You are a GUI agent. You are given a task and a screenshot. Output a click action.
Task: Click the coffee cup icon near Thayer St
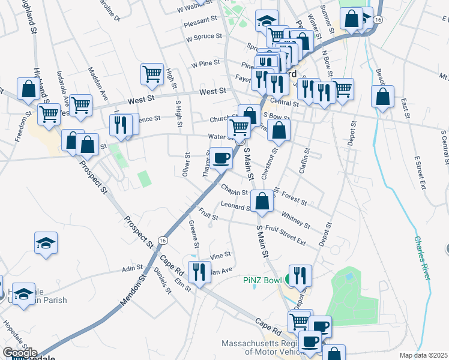(x=221, y=158)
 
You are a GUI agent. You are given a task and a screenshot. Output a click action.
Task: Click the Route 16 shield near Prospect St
(x=163, y=239)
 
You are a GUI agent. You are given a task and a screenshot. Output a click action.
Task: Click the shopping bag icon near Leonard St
(x=262, y=202)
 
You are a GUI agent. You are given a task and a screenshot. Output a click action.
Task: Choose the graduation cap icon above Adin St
(x=46, y=243)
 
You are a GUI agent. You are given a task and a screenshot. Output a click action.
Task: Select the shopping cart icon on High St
(x=152, y=74)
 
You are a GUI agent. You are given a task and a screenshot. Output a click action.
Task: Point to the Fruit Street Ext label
(x=285, y=235)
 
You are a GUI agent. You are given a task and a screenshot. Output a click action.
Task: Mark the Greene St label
(x=194, y=234)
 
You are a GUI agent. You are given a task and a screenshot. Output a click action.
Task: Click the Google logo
(x=20, y=352)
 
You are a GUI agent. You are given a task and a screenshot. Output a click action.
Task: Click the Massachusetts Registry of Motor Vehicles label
(x=271, y=348)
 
